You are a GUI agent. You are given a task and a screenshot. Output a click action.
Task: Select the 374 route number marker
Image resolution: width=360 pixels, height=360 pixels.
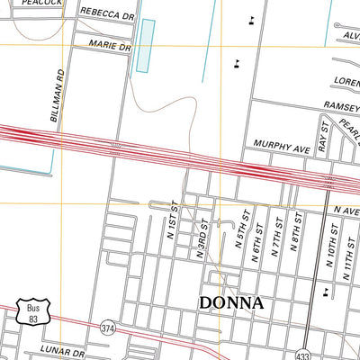coord(108,326)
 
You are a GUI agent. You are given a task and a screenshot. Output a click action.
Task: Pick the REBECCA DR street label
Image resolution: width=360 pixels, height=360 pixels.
coord(106,14)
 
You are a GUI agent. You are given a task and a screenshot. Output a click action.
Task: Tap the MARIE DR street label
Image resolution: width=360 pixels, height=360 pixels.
coord(110,45)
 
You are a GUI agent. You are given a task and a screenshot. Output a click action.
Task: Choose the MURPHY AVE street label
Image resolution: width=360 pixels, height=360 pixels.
coord(282,144)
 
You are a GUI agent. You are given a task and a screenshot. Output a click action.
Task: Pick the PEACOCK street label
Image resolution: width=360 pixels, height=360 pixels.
coord(41,4)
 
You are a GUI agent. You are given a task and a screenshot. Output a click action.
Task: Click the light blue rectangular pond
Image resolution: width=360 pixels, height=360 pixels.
coord(145,45)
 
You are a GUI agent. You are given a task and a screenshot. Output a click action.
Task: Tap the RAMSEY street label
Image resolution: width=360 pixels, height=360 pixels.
coord(341,106)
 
